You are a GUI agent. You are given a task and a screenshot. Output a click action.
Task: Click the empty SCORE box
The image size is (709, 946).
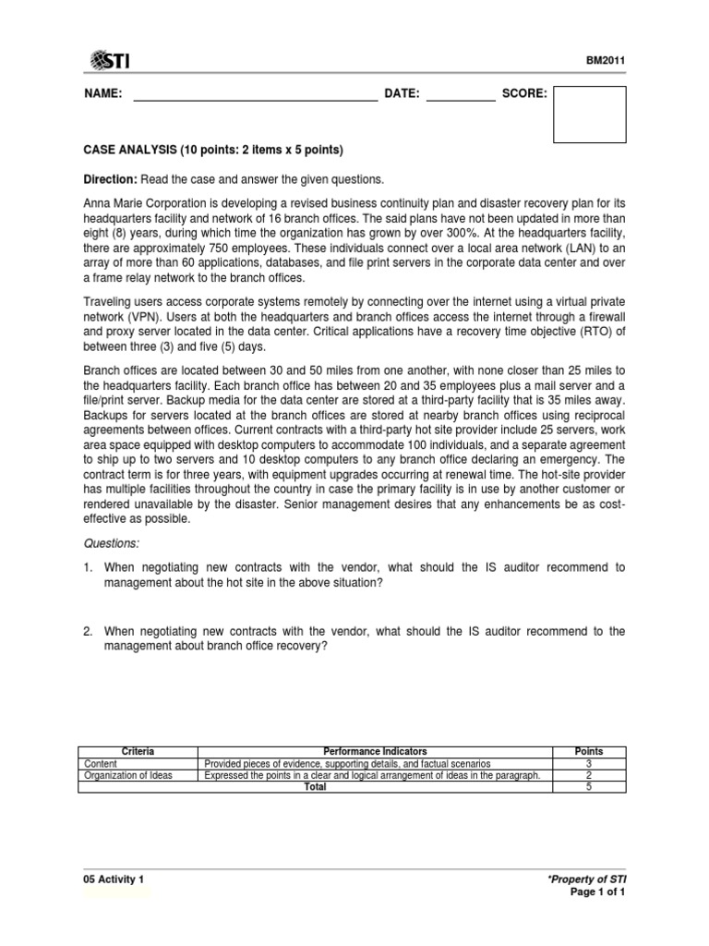(589, 115)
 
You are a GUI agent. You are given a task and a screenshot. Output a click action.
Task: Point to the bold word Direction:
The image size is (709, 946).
(112, 178)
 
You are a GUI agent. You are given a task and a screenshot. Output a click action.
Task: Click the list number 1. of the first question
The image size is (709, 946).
(90, 566)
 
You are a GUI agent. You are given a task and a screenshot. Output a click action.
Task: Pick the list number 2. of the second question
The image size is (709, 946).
(90, 631)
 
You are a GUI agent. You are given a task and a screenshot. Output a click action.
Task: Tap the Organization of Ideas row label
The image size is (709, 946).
(127, 775)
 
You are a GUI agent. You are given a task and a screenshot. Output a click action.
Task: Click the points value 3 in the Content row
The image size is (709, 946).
(589, 764)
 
